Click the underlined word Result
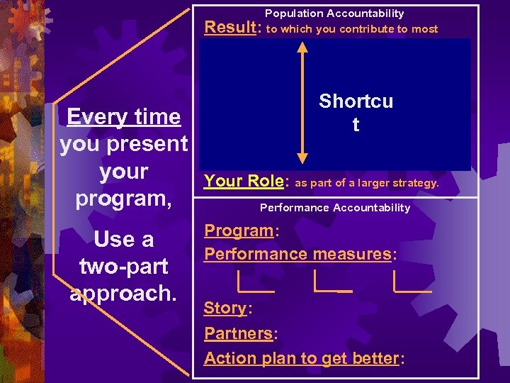pos(230,28)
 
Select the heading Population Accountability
pos(334,13)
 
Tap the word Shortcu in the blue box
pos(356,101)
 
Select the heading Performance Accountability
pos(334,208)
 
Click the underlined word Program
pos(238,231)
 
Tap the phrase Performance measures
pos(297,254)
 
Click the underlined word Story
pos(225,309)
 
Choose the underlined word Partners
pos(238,333)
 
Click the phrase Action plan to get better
pos(302,358)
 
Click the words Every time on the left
pos(124,117)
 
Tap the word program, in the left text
pos(124,198)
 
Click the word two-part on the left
pos(124,267)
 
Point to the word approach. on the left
pos(124,294)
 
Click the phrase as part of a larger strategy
pos(367,183)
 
